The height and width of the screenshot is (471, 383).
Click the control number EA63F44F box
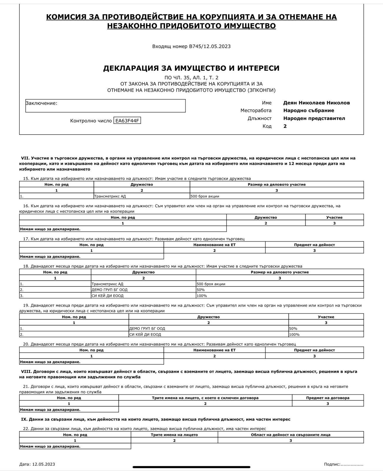coord(127,121)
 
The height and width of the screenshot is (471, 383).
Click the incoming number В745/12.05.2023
coord(210,46)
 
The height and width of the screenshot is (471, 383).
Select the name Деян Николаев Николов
coord(317,103)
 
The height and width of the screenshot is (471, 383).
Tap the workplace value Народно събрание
coord(309,110)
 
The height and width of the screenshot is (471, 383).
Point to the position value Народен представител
coord(314,118)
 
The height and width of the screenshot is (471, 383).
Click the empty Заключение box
coord(106,106)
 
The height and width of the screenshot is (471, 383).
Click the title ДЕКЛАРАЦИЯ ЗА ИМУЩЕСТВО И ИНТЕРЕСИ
coord(191,68)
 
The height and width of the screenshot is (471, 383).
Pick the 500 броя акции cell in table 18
coord(211,284)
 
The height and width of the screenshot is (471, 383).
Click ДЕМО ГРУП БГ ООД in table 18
coord(110,290)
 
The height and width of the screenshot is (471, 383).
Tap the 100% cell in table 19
coord(295,335)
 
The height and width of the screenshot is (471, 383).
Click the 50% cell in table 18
coord(201,290)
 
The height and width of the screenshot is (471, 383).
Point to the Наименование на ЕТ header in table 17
coord(214,245)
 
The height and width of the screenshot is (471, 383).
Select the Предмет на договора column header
coord(328,398)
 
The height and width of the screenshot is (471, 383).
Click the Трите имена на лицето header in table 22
coord(174,434)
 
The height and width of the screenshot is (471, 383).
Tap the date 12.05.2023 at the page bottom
coord(44,464)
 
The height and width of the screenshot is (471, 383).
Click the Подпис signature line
coord(352,464)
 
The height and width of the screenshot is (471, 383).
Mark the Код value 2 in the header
coord(285,126)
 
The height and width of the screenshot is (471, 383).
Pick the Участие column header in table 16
coord(334,217)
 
